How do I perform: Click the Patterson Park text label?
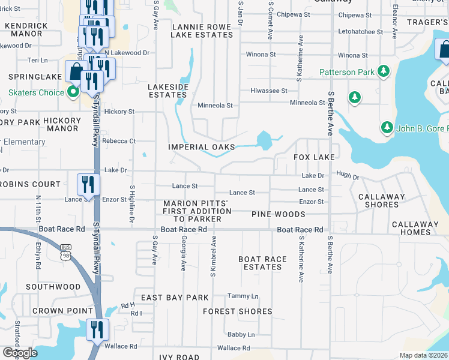coord(346,73)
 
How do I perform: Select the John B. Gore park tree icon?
coord(387,127)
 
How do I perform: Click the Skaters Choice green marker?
coord(73,92)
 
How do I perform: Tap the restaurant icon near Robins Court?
coord(88,185)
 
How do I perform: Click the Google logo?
coord(20,353)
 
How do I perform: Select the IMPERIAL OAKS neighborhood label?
coord(201,147)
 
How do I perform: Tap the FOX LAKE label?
coord(313,157)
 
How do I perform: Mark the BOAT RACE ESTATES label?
coord(263,263)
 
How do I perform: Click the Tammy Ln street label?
coord(243,296)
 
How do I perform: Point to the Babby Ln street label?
coord(241,334)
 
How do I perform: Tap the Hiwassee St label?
coord(268,91)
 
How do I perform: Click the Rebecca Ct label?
coord(119,141)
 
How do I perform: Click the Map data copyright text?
coord(423,355)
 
